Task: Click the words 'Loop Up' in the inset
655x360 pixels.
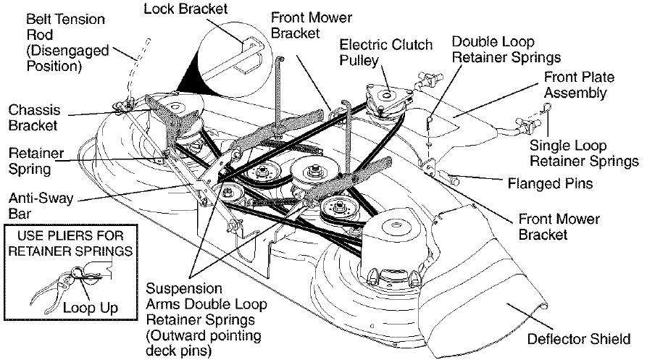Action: coord(90,307)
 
